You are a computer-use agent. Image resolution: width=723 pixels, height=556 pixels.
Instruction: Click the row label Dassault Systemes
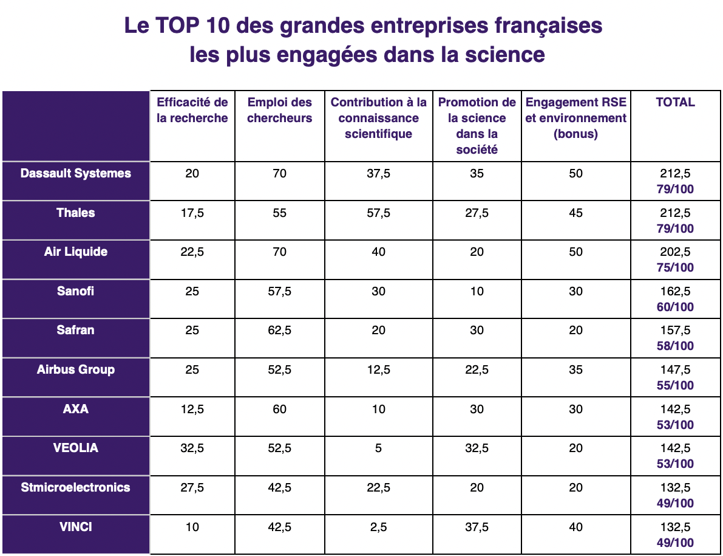[x=75, y=173]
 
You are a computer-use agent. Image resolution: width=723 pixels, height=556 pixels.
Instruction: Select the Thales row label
[x=75, y=213]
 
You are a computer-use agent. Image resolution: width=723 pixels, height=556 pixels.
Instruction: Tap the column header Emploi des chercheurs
[x=279, y=110]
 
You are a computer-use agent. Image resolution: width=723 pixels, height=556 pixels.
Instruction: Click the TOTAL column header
[x=675, y=102]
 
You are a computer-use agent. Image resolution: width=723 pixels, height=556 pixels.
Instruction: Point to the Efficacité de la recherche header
[x=192, y=110]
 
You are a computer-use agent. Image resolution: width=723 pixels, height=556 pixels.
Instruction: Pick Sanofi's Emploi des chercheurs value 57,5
[x=279, y=291]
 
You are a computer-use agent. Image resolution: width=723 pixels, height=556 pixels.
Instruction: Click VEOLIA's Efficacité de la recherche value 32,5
[x=192, y=448]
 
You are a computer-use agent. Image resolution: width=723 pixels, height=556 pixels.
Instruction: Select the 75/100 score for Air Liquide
[x=675, y=267]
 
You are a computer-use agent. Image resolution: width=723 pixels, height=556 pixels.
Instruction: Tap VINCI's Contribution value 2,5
[x=378, y=527]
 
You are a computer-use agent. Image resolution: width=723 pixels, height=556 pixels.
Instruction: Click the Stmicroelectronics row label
[x=75, y=487]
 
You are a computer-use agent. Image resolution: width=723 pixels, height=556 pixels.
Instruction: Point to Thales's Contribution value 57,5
[x=378, y=213]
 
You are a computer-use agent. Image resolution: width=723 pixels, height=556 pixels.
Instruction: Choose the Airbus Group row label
[x=75, y=369]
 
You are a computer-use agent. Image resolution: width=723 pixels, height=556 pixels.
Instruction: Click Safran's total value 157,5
[x=675, y=331]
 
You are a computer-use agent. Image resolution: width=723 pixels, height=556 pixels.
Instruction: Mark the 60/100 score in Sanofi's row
[x=675, y=307]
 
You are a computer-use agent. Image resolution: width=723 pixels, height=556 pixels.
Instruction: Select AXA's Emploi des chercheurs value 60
[x=279, y=409]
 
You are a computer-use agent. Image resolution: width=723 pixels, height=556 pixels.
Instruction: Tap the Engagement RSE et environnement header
[x=575, y=118]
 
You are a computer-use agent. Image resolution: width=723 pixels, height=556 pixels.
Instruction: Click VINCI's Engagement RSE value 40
[x=575, y=527]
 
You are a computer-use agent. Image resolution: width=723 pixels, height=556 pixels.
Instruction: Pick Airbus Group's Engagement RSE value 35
[x=575, y=369]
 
